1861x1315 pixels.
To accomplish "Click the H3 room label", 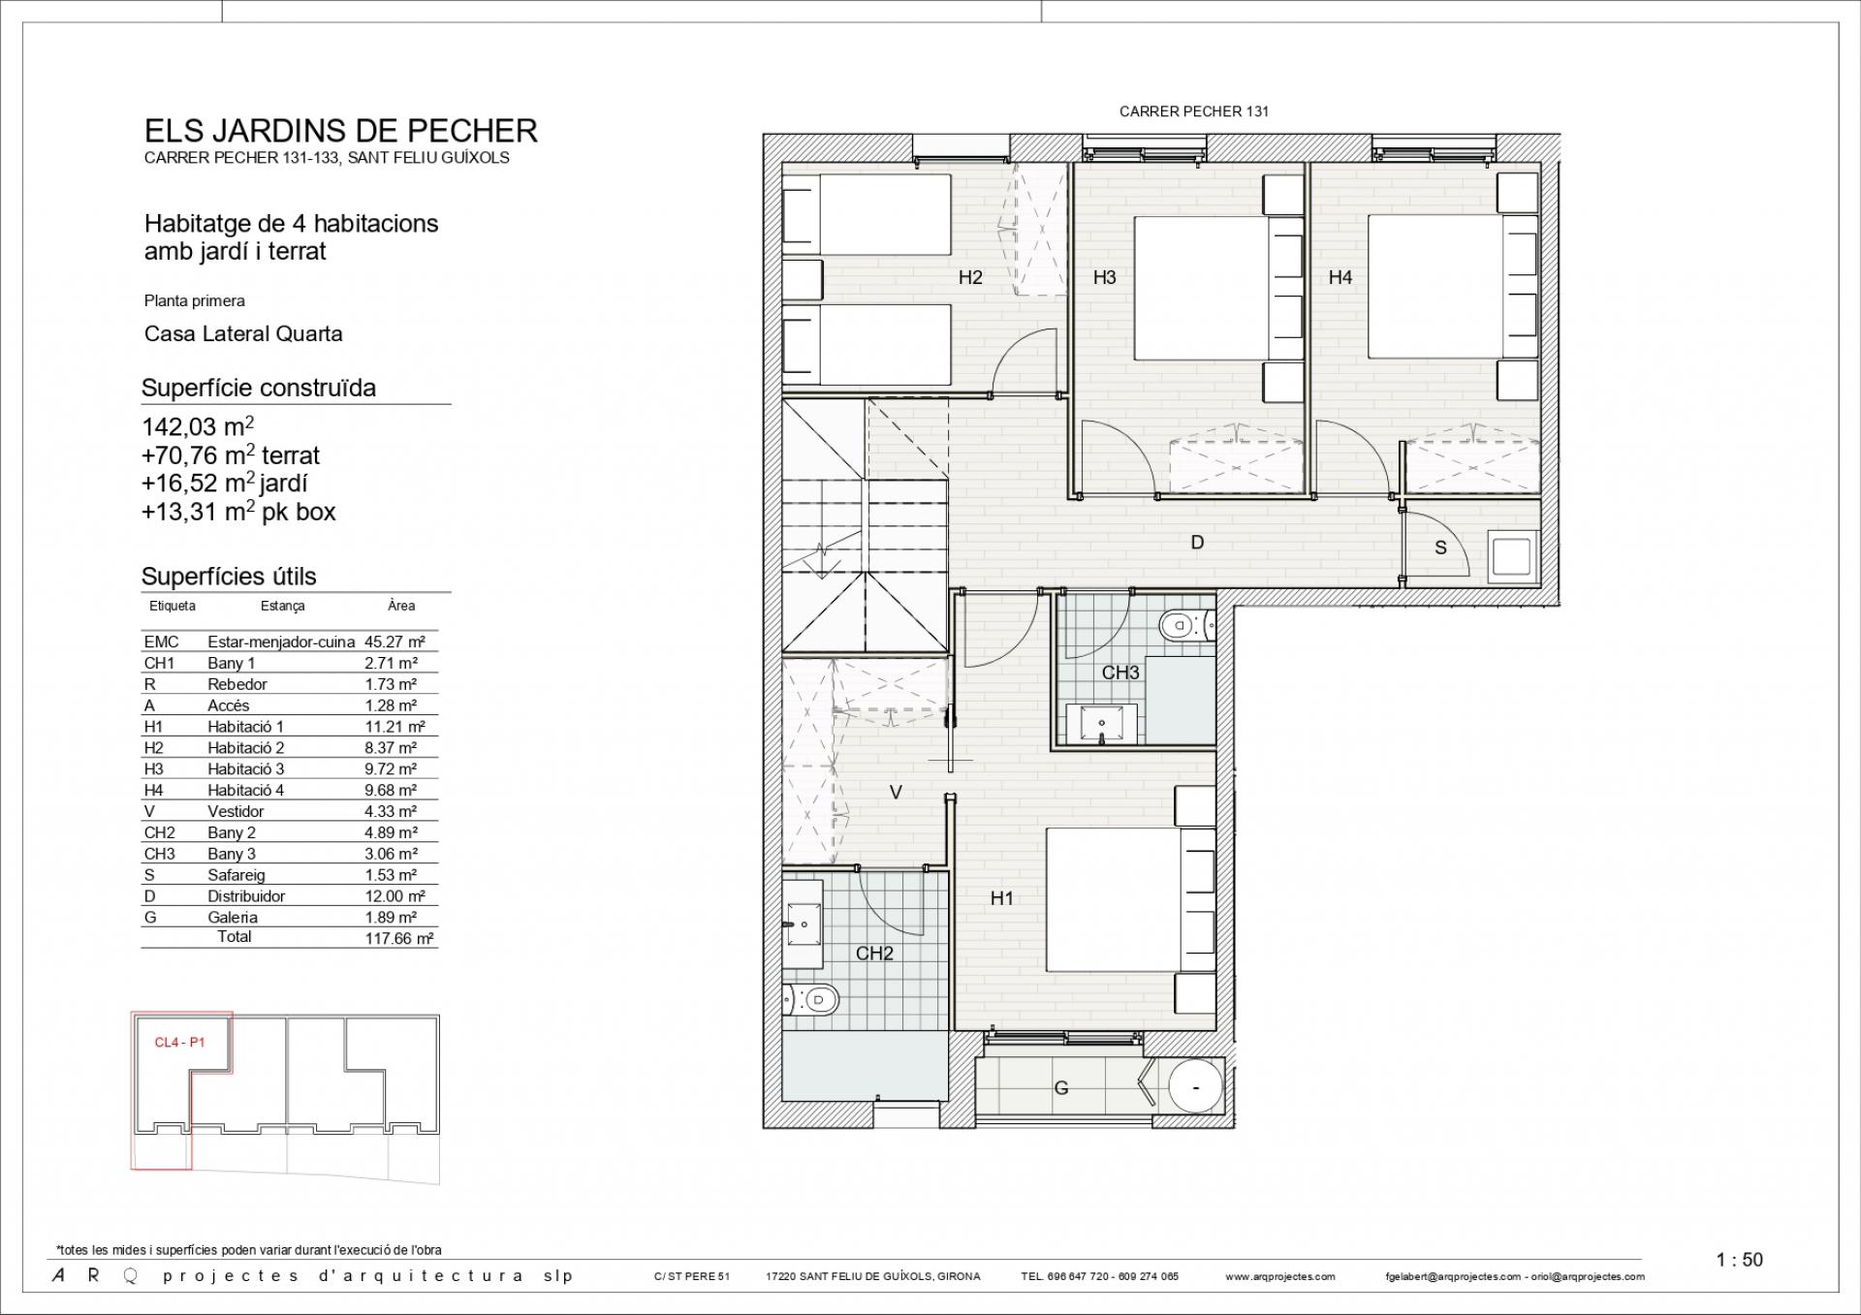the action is [x=1104, y=277].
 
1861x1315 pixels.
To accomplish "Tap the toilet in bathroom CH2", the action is [x=811, y=998].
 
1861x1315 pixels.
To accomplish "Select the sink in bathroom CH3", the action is [x=1103, y=724].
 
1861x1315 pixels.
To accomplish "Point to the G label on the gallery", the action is [x=1061, y=1088].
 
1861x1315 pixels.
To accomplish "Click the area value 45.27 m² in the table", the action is [x=394, y=642].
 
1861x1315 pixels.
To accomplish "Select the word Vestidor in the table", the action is [x=236, y=811].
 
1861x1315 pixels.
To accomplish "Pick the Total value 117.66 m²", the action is [x=399, y=938].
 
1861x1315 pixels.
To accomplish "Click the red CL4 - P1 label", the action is [x=179, y=1043].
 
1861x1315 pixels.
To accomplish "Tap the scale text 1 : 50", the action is [x=1739, y=1260].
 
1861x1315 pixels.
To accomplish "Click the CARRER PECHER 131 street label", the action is [x=1193, y=111].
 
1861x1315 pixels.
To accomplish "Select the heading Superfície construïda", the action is [x=259, y=389].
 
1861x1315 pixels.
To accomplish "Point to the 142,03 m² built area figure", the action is [x=198, y=426].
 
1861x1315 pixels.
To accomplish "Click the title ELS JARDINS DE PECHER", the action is [x=341, y=131].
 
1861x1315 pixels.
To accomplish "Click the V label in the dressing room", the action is [x=896, y=793].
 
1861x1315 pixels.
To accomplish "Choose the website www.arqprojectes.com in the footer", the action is [x=1279, y=1276].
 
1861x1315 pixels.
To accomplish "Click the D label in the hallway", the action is [x=1197, y=543].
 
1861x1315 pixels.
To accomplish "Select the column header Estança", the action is [x=282, y=606].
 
